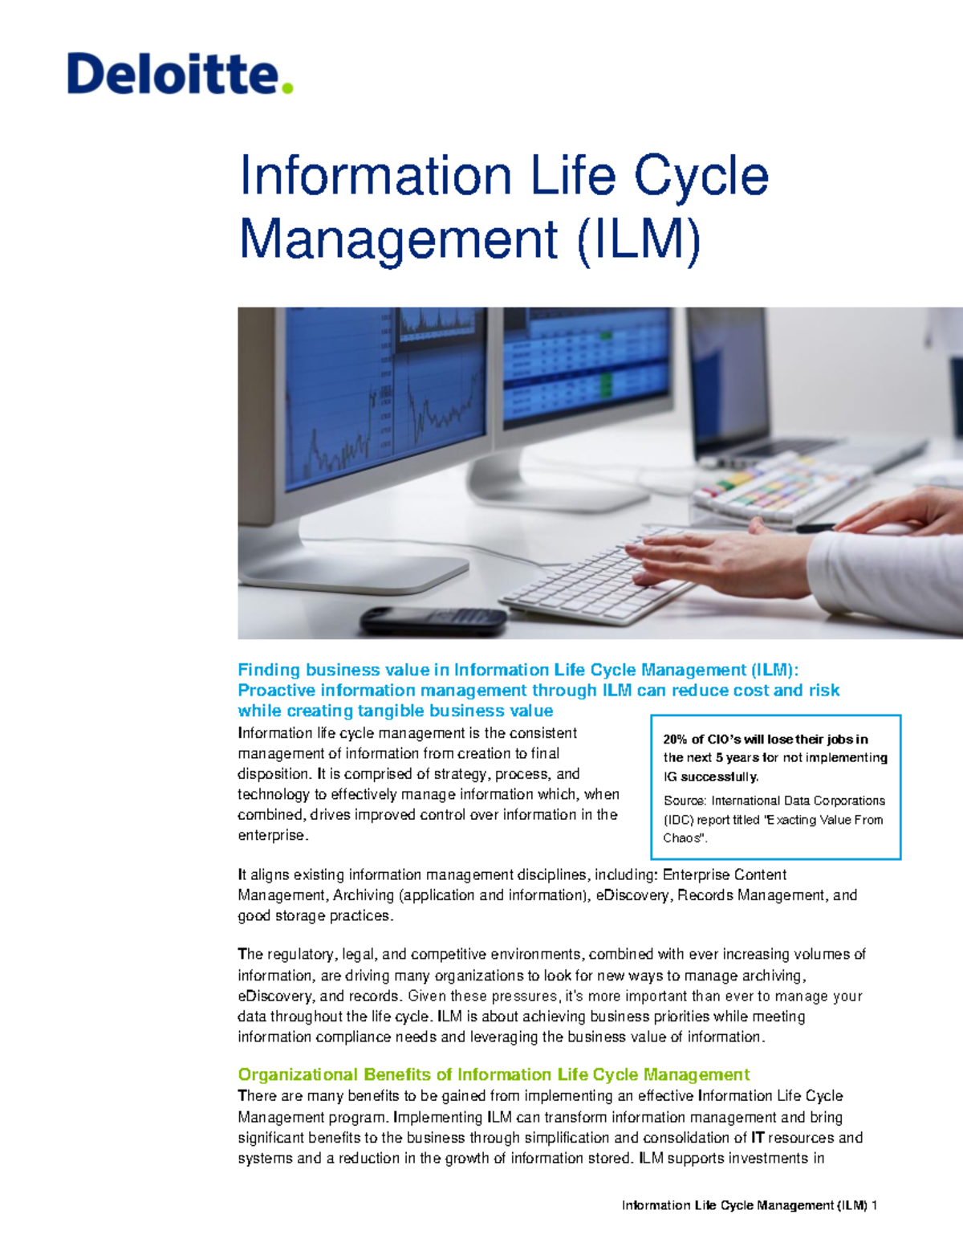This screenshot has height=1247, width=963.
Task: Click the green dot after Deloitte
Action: point(287,88)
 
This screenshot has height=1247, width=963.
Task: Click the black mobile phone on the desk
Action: point(433,619)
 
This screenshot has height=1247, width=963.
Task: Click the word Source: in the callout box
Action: point(685,801)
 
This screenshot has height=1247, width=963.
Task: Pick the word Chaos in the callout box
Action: point(682,838)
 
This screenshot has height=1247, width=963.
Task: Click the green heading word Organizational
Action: point(297,1075)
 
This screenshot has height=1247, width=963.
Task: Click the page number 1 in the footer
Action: point(874,1205)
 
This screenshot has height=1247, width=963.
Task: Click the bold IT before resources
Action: point(758,1138)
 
